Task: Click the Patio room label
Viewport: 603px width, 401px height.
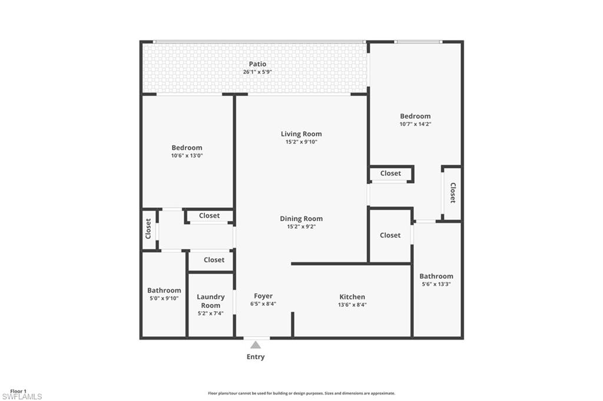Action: (257, 64)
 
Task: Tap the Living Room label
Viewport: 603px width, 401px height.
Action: (301, 134)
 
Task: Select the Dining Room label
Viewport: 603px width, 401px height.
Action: (301, 219)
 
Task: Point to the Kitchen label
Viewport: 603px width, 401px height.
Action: (352, 297)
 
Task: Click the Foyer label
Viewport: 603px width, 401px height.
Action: (263, 296)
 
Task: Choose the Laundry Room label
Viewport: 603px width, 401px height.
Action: (211, 301)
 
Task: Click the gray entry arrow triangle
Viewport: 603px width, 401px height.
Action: (256, 345)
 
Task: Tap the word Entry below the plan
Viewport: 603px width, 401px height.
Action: (256, 357)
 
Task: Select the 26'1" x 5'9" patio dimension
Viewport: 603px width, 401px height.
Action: (257, 72)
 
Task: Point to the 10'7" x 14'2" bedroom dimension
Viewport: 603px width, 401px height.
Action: (415, 124)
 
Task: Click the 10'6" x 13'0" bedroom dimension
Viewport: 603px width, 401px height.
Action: (187, 156)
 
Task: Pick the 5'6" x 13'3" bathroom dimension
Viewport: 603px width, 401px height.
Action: (436, 284)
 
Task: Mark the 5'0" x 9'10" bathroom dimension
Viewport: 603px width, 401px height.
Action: (164, 298)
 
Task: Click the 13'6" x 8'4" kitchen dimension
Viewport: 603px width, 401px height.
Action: (352, 305)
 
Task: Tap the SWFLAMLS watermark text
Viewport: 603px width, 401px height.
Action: (22, 397)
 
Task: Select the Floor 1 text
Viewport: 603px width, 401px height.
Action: (18, 391)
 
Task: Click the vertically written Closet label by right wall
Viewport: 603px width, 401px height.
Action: (453, 193)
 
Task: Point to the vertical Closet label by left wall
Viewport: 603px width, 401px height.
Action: (148, 229)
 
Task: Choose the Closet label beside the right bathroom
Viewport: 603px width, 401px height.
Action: (390, 235)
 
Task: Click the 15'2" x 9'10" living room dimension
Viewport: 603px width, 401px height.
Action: (301, 142)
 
